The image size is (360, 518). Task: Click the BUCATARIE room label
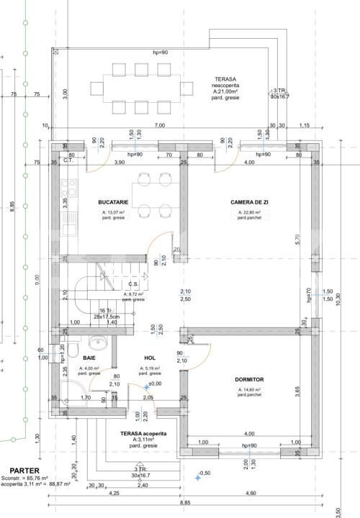click(x=113, y=204)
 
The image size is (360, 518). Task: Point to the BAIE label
click(x=89, y=358)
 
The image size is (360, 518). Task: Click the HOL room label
click(x=150, y=358)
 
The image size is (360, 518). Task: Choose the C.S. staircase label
click(x=133, y=283)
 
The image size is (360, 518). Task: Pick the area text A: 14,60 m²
click(x=248, y=389)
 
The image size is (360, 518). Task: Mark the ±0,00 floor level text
click(x=155, y=383)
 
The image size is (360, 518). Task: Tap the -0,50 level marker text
click(x=204, y=473)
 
